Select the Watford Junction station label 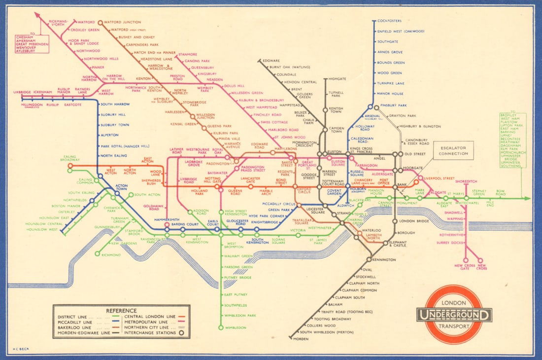(122, 22)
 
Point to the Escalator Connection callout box (453, 150)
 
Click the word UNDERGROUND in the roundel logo (454, 315)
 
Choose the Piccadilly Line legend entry (74, 322)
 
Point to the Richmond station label (111, 255)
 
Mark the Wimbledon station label (235, 327)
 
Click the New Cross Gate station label (465, 267)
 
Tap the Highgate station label (337, 78)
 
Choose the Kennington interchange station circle (369, 259)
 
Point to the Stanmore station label (188, 54)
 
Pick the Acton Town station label (121, 187)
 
